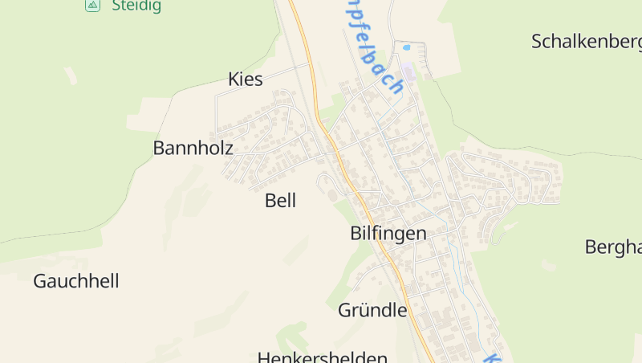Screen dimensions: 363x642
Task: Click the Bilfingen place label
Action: pyautogui.click(x=388, y=233)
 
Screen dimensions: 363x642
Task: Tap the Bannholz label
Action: pyautogui.click(x=193, y=148)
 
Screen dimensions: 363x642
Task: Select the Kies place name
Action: pyautogui.click(x=246, y=79)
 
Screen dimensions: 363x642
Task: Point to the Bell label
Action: pyautogui.click(x=280, y=201)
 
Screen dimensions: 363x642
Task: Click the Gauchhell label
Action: pyautogui.click(x=76, y=281)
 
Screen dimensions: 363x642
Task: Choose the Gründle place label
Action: pyautogui.click(x=372, y=310)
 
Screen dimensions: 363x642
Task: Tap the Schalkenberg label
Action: pyautogui.click(x=586, y=42)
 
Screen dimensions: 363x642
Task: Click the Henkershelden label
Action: pyautogui.click(x=323, y=357)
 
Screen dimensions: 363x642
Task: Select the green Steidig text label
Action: pyautogui.click(x=136, y=6)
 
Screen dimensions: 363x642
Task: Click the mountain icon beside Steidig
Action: pyautogui.click(x=92, y=5)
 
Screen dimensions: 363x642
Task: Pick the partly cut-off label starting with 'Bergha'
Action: pyautogui.click(x=613, y=246)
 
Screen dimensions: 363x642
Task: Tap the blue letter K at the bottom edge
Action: pyautogui.click(x=492, y=357)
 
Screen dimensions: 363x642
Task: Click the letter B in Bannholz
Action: pyautogui.click(x=159, y=148)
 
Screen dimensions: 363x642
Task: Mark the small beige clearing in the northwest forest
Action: pyautogui.click(x=71, y=75)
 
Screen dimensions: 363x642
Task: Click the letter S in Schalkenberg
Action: pyautogui.click(x=538, y=42)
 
